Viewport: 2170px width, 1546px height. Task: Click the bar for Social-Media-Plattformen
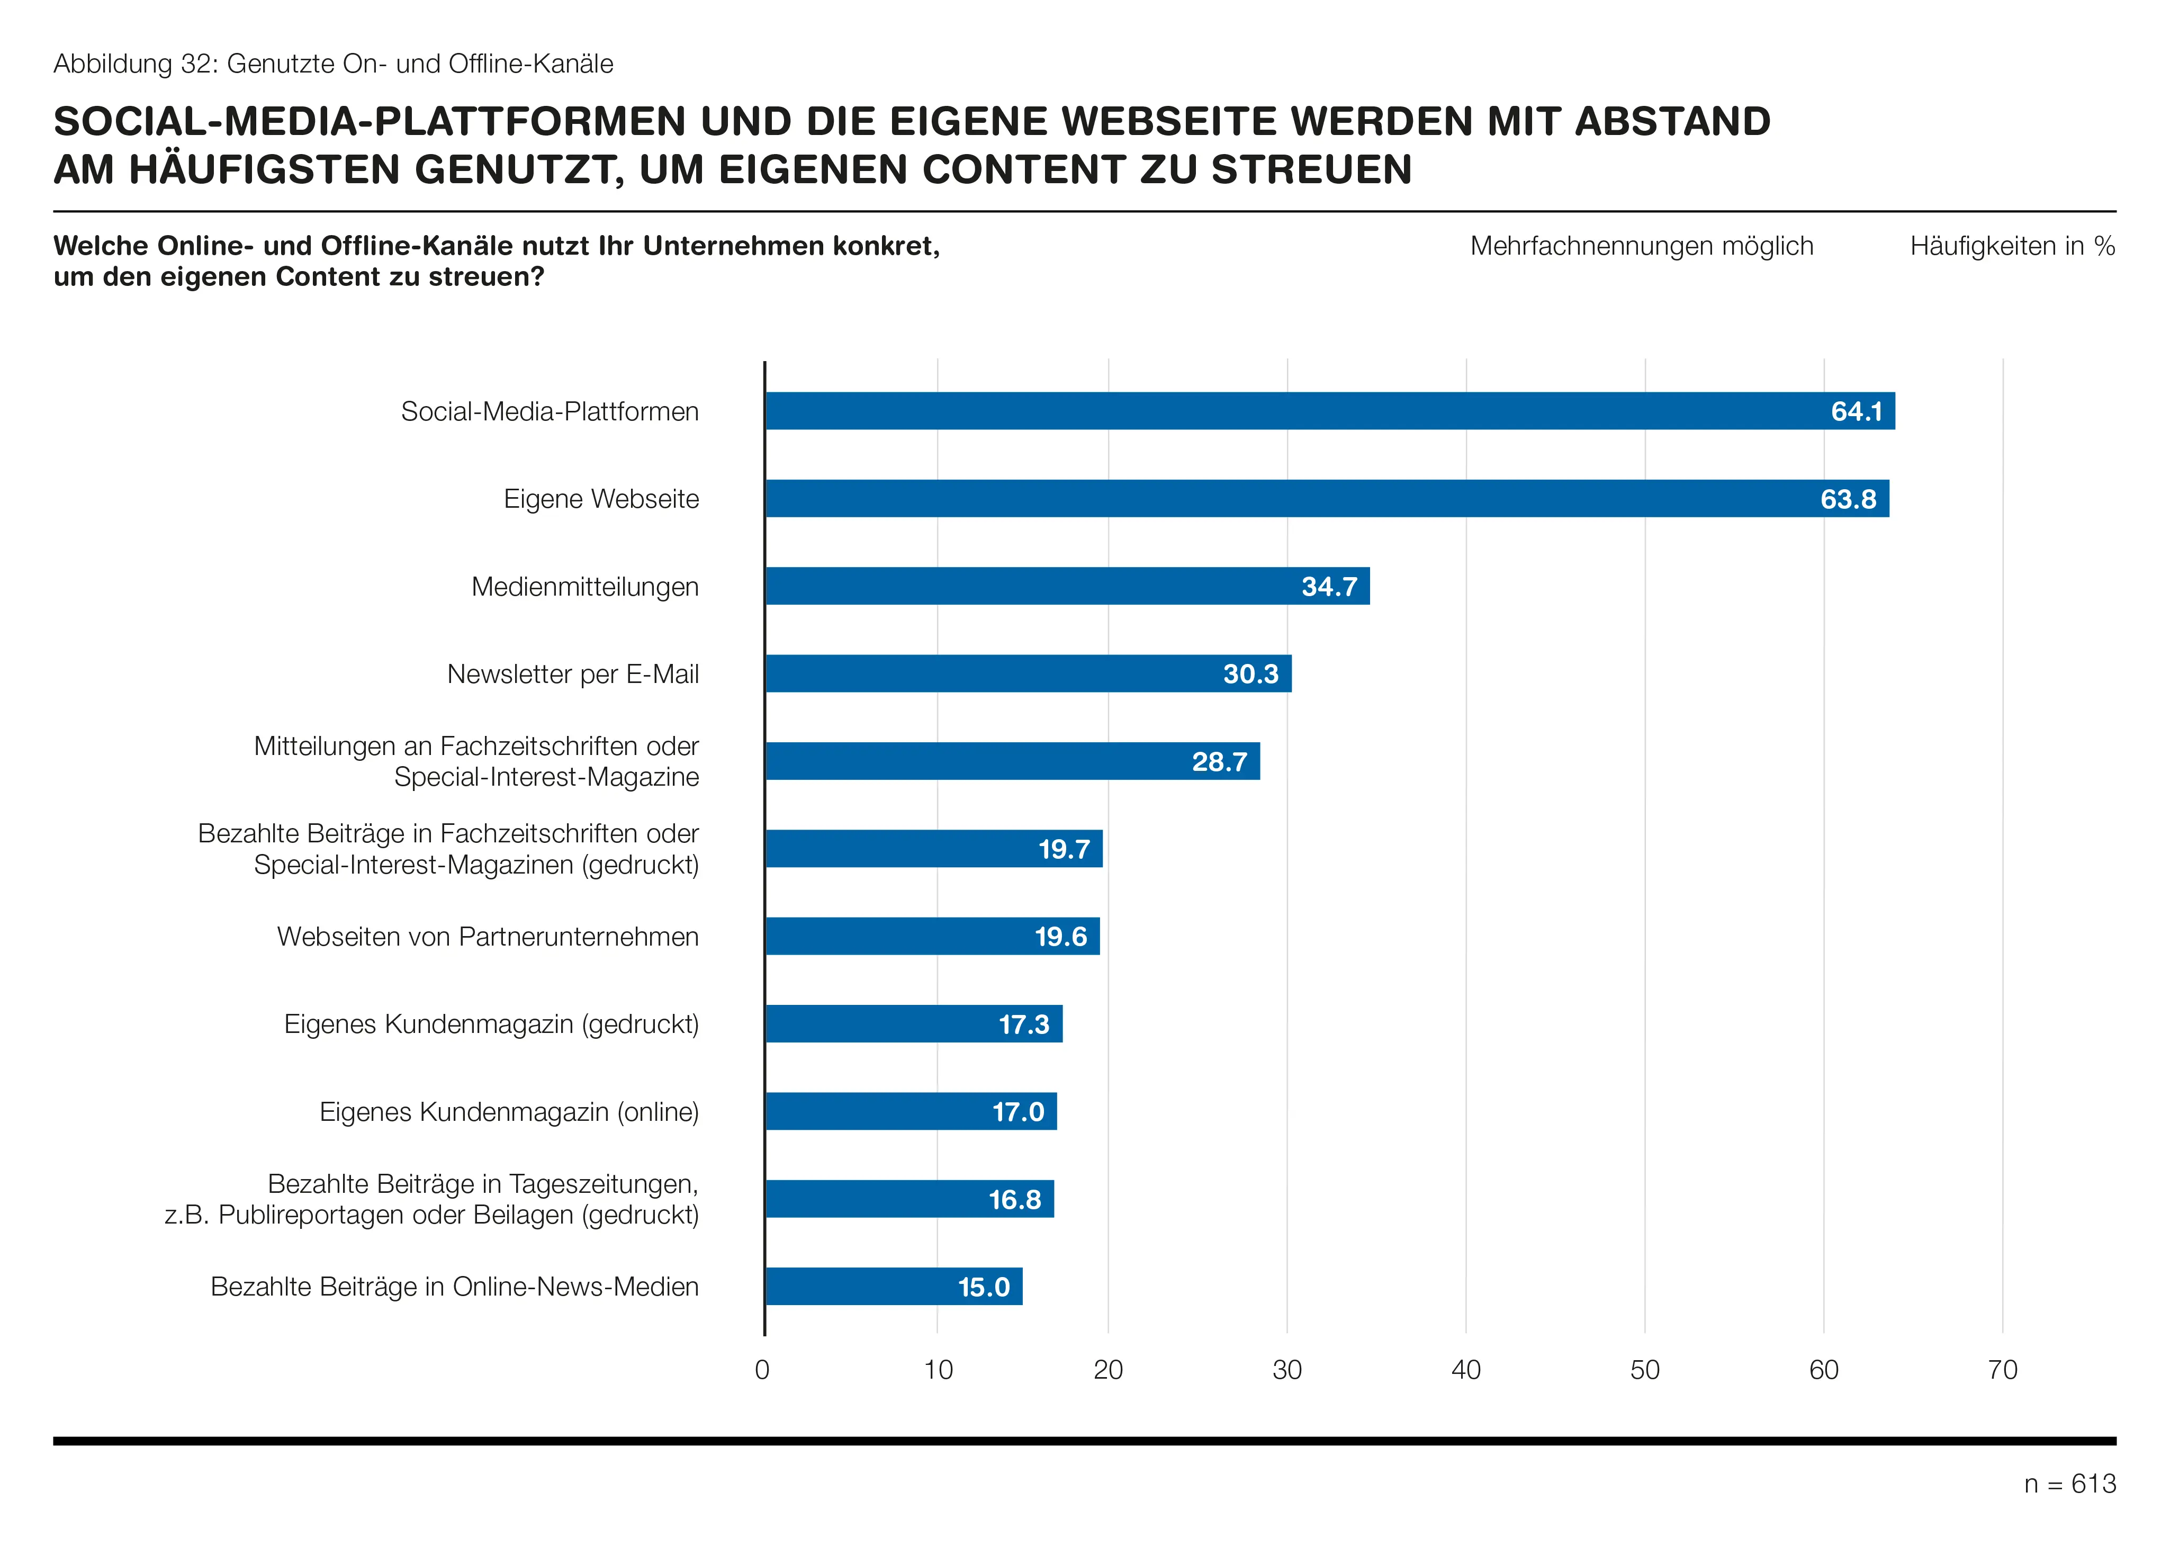(1330, 411)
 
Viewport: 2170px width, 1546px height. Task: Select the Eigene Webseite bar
(1328, 499)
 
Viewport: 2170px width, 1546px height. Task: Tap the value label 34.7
(1330, 587)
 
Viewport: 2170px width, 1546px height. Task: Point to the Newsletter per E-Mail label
(573, 674)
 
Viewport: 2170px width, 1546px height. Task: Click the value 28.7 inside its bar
(1219, 761)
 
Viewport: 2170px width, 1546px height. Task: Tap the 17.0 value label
(1019, 1112)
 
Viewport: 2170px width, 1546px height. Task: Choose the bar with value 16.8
(910, 1200)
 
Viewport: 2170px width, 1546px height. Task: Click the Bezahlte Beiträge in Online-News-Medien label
(455, 1287)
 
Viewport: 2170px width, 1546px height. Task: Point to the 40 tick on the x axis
(1466, 1370)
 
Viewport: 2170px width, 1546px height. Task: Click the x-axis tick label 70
(2003, 1370)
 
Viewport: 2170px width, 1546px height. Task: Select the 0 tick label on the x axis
(762, 1370)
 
